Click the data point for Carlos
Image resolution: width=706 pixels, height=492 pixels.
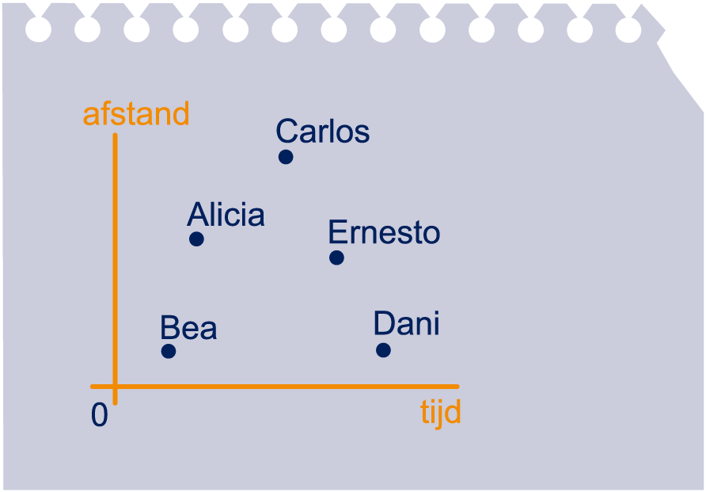tap(286, 157)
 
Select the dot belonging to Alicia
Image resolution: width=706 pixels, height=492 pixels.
tap(196, 238)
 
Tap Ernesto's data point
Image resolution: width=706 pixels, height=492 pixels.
tap(336, 257)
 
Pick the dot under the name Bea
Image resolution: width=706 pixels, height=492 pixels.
tap(169, 351)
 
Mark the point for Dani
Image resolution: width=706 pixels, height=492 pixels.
tap(383, 349)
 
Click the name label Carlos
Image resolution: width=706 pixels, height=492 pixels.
tap(323, 131)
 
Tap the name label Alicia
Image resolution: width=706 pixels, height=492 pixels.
tap(226, 214)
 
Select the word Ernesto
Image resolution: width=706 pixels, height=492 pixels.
tap(384, 232)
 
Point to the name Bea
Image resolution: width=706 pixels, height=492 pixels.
tap(188, 327)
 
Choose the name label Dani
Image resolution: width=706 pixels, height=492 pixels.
tap(407, 323)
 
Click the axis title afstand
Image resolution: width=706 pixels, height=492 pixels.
tap(136, 113)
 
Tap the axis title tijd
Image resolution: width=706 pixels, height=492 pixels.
tap(441, 412)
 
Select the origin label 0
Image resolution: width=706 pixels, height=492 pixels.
tap(100, 414)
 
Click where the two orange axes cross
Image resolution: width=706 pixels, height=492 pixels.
tap(115, 387)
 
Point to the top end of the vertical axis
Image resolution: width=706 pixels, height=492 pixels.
tap(115, 135)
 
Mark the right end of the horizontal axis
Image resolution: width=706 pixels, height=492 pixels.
tap(457, 387)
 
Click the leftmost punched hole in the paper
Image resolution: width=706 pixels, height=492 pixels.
tap(38, 29)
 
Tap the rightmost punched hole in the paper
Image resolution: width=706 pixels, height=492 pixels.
tap(628, 30)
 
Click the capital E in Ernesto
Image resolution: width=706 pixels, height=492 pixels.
tap(337, 232)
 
